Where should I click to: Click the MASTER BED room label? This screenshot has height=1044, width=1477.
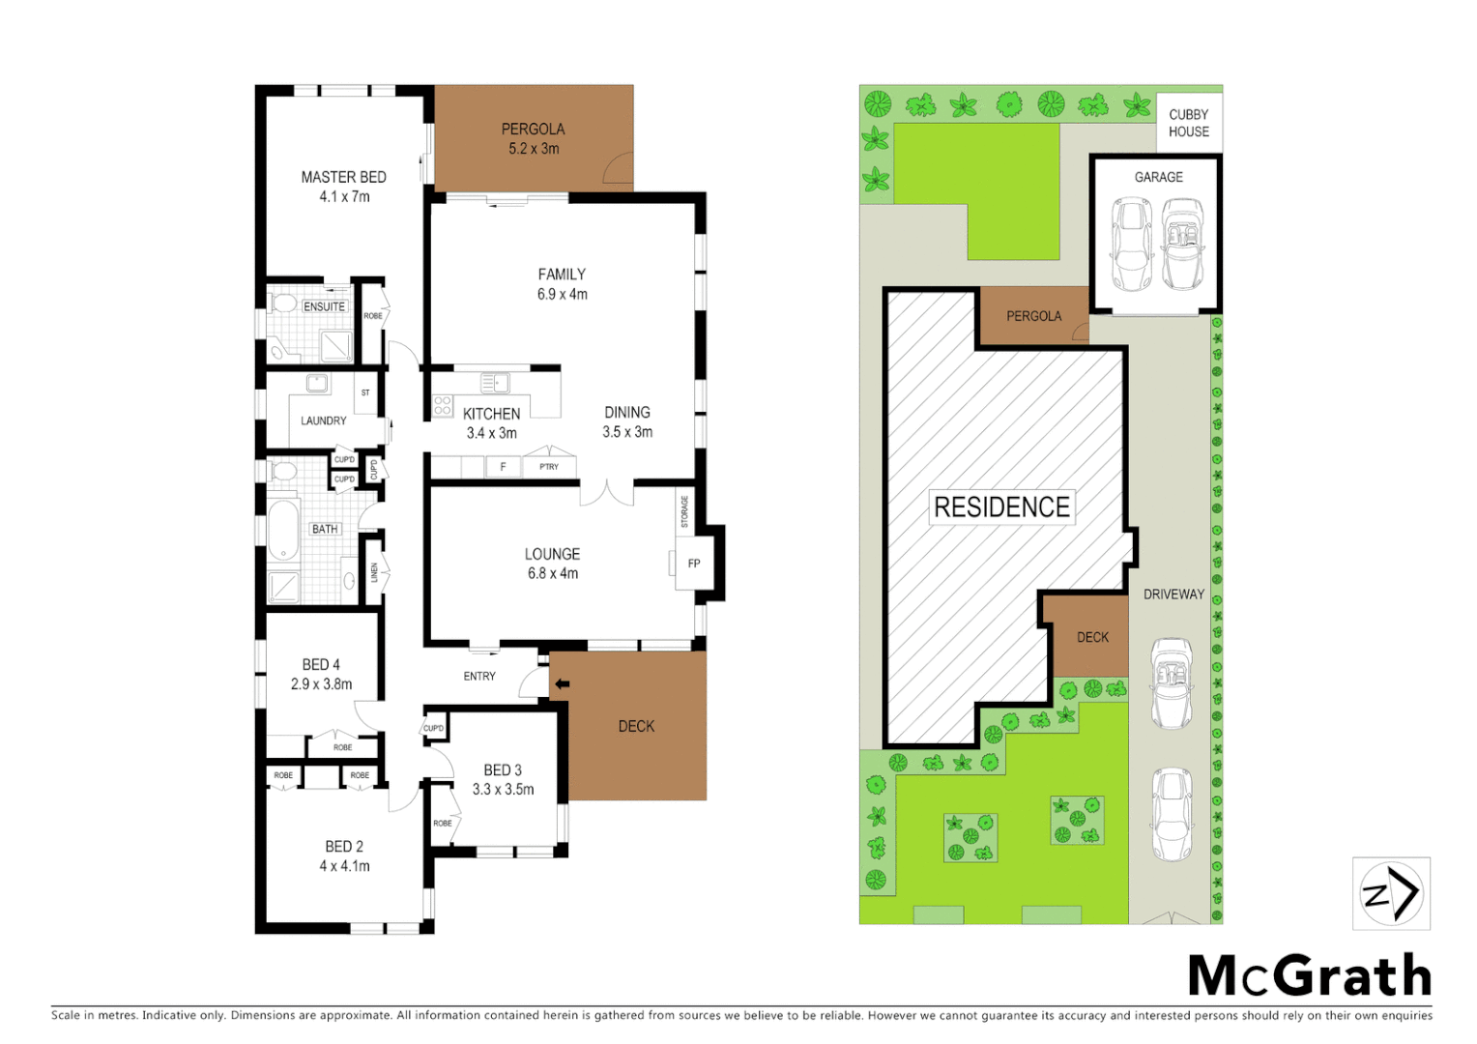point(343,177)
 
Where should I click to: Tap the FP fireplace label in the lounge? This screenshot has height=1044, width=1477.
point(693,564)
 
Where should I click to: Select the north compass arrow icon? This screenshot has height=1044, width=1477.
point(1390,893)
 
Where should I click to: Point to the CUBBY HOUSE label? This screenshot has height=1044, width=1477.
point(1188,123)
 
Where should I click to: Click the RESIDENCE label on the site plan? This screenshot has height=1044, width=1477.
point(1001,507)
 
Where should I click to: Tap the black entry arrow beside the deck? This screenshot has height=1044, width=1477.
point(562,684)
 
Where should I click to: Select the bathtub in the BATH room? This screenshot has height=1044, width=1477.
point(282,529)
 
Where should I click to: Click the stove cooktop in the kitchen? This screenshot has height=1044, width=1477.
point(443,406)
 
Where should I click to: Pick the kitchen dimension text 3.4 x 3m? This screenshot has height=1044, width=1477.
point(491,433)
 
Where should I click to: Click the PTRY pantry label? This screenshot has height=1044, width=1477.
point(548,467)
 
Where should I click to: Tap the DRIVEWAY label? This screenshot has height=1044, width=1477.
point(1173,594)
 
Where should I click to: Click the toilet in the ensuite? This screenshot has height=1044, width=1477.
point(283,304)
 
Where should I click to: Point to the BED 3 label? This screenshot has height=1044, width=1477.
point(503,770)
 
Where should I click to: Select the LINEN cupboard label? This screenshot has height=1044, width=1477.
point(374,572)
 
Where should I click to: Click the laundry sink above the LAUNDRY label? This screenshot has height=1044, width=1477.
point(317,384)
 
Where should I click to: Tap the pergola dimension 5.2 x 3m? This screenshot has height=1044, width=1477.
point(534,149)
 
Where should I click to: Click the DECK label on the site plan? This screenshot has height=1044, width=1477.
point(1092,637)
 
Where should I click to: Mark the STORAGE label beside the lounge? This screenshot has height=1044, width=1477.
point(684,511)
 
